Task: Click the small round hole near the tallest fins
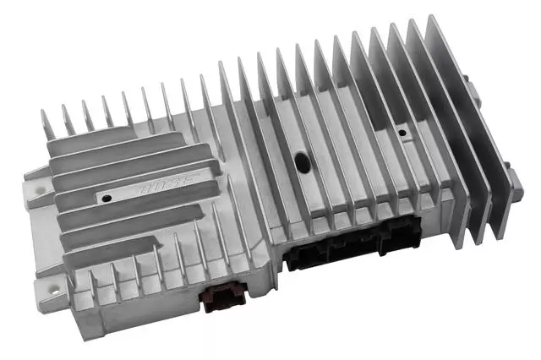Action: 401,134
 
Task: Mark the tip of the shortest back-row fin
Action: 46,112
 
